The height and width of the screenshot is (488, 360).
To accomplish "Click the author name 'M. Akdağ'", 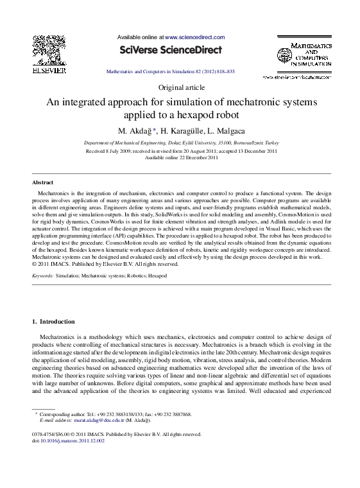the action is [x=135, y=131].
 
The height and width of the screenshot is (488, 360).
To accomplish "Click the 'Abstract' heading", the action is [x=43, y=182].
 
